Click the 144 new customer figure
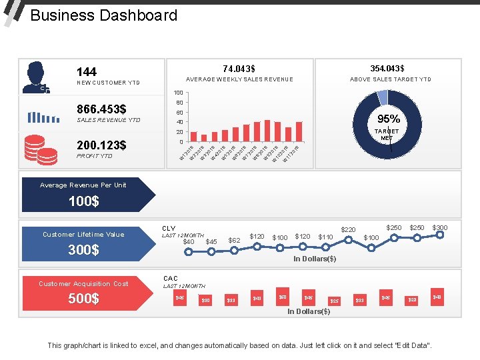point(87,71)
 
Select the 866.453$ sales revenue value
point(102,109)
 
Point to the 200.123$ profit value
point(101,145)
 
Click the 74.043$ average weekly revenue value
point(239,69)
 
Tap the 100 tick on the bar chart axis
point(178,92)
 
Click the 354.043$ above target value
point(388,69)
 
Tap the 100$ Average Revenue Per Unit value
point(84,201)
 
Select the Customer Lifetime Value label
point(83,234)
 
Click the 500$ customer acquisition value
point(84,299)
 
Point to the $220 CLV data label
point(349,230)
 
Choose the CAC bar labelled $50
point(283,297)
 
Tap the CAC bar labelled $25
point(335,301)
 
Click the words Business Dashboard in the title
point(104,15)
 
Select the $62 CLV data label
point(234,240)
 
